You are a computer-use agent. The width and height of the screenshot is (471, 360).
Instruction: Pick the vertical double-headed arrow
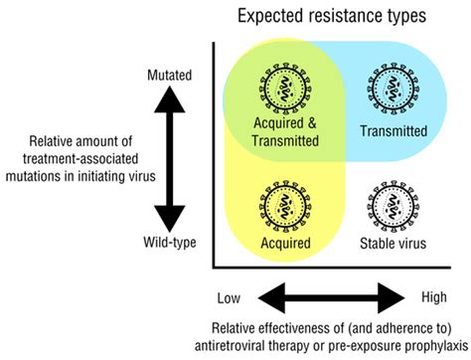[x=171, y=158]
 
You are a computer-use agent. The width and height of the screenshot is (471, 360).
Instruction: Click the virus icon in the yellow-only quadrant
[x=285, y=205]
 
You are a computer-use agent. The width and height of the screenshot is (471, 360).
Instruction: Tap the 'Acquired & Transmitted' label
[x=285, y=132]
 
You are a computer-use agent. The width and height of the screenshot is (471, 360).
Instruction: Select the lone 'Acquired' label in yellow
[x=285, y=243]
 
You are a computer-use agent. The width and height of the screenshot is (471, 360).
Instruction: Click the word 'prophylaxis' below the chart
[x=422, y=345]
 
